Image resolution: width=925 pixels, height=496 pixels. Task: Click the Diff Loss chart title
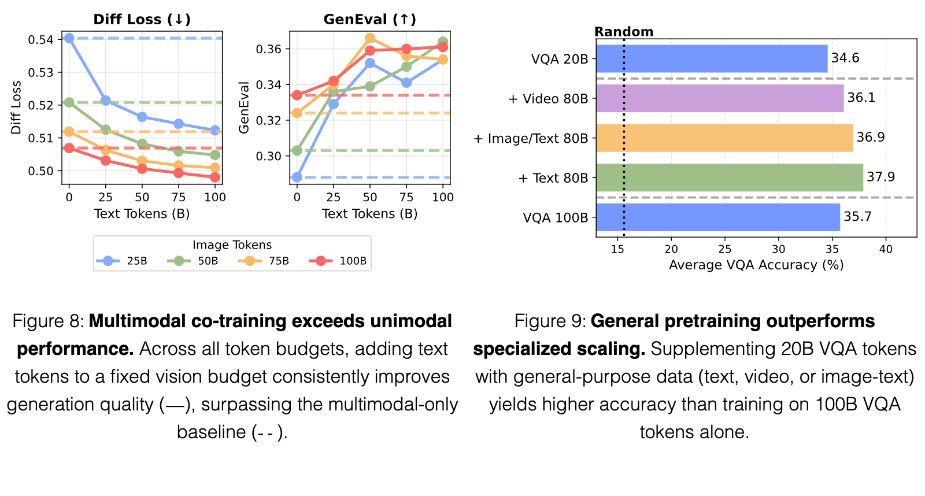[142, 20]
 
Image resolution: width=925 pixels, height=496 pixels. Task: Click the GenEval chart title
[369, 20]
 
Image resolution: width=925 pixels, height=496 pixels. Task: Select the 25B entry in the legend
[122, 261]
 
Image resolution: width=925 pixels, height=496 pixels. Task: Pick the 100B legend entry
[338, 261]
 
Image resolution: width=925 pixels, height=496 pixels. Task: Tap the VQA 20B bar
[712, 58]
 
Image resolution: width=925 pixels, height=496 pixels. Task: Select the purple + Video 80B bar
[720, 98]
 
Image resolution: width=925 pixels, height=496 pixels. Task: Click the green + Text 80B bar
[730, 177]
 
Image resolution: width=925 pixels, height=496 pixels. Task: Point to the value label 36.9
[871, 137]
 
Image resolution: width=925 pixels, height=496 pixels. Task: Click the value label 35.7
[857, 216]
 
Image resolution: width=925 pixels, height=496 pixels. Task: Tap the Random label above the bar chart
[624, 32]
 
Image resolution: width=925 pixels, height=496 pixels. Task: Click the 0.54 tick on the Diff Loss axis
[40, 40]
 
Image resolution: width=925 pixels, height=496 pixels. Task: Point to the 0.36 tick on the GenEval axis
[268, 49]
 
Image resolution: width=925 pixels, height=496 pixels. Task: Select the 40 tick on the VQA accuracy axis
[886, 249]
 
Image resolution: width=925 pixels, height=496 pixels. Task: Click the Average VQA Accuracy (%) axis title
[756, 265]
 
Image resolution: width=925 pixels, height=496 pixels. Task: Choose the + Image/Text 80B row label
[531, 138]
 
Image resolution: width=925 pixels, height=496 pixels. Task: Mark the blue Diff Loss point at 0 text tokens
[69, 38]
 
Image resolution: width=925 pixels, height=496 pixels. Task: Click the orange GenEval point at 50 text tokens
[370, 38]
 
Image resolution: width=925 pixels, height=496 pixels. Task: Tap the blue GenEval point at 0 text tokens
[297, 177]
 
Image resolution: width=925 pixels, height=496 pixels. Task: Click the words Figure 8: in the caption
[49, 321]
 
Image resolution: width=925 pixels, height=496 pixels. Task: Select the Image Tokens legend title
[232, 245]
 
